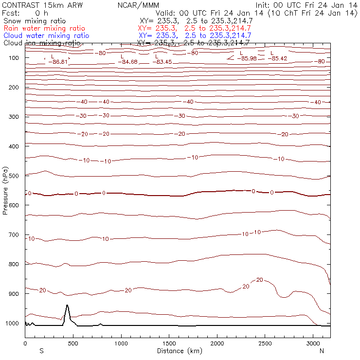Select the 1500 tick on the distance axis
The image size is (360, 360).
click(x=169, y=343)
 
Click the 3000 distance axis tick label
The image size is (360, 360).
click(x=313, y=343)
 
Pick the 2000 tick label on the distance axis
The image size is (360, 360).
click(x=217, y=343)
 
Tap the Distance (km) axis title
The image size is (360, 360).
click(x=177, y=350)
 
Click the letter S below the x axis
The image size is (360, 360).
click(x=42, y=350)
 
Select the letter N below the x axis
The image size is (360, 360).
click(x=322, y=350)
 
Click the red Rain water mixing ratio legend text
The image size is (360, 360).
click(x=44, y=29)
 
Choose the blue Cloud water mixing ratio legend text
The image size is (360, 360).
click(x=46, y=36)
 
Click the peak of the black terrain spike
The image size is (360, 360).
click(x=67, y=306)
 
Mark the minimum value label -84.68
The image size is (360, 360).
click(x=128, y=62)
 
